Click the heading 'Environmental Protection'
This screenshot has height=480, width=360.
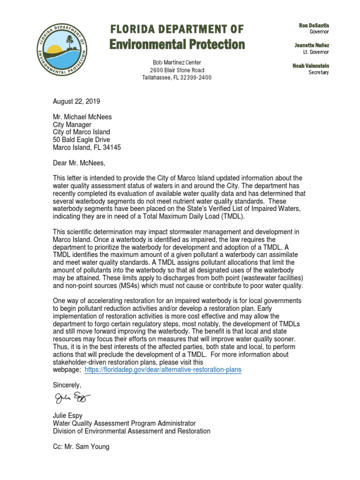tap(177, 45)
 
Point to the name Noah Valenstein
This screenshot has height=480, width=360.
tap(311, 66)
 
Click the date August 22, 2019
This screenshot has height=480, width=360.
tap(76, 101)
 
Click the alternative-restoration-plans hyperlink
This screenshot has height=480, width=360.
tap(163, 369)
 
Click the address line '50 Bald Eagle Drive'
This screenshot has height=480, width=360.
tap(81, 140)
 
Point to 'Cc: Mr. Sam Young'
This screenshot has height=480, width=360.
tap(81, 447)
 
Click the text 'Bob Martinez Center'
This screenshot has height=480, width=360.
tap(177, 62)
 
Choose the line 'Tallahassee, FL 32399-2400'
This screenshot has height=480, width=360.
tap(177, 77)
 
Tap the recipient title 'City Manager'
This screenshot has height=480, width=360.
tap(72, 125)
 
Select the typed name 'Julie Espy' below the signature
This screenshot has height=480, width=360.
tap(68, 416)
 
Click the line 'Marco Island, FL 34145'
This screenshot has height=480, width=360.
tap(87, 147)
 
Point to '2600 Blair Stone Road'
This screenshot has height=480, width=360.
tap(177, 70)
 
